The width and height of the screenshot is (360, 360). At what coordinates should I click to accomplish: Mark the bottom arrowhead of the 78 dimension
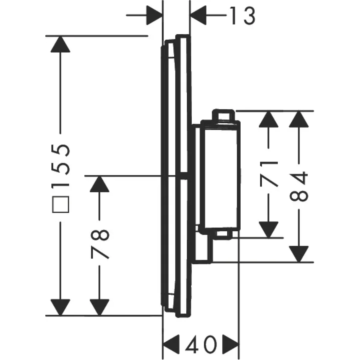[x=99, y=307]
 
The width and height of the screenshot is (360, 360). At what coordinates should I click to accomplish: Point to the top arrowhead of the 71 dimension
[x=268, y=119]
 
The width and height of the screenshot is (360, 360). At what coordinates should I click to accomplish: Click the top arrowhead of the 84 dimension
[x=299, y=119]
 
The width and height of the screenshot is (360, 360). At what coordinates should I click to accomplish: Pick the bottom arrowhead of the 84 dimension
[x=299, y=254]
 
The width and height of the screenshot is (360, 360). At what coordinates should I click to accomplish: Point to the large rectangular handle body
[x=220, y=177]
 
